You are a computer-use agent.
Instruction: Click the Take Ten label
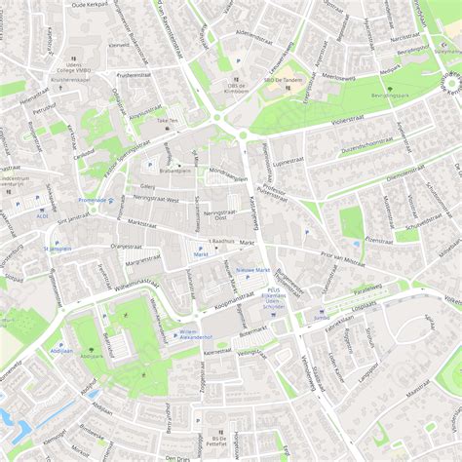(167, 122)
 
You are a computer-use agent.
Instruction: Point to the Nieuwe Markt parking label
(253, 269)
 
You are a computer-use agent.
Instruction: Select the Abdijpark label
(62, 347)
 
